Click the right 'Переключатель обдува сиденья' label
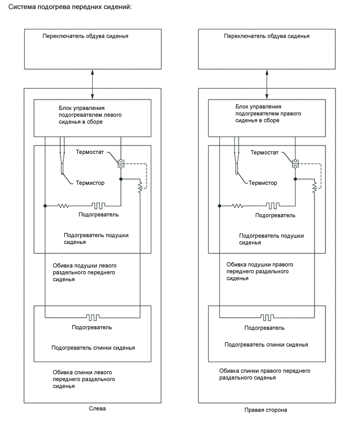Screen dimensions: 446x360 [266, 37]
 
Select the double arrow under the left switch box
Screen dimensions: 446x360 [92, 84]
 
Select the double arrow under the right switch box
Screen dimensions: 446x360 [266, 84]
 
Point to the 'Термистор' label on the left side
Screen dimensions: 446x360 [90, 183]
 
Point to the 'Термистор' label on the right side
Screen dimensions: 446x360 [263, 183]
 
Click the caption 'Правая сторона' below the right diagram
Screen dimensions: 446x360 [265, 410]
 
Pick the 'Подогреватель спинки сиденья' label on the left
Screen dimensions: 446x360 [93, 348]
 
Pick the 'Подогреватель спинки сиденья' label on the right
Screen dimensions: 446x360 [266, 345]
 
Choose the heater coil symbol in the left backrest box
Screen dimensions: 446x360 [93, 317]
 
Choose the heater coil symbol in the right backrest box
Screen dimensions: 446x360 [267, 317]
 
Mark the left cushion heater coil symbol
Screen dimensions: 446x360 [99, 206]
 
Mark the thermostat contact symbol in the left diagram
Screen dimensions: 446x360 [121, 163]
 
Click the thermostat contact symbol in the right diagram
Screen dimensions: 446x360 [295, 163]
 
